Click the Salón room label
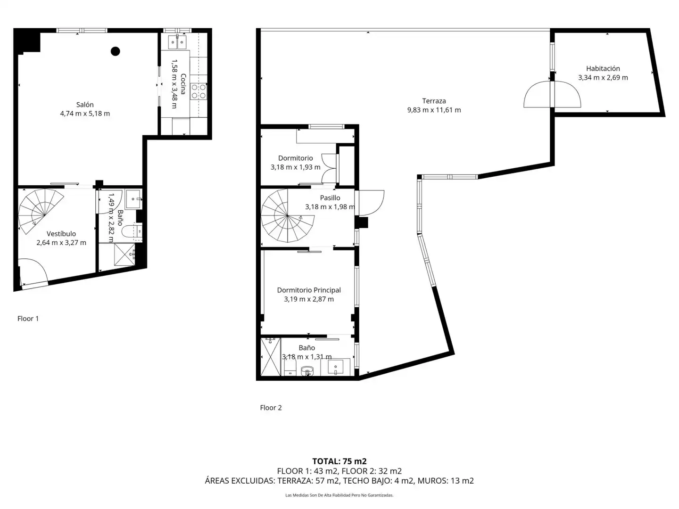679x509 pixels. (85, 105)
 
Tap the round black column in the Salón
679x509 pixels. (116, 51)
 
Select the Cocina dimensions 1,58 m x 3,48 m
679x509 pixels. (174, 84)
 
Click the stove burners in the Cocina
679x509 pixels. (199, 91)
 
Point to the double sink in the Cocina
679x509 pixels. (177, 42)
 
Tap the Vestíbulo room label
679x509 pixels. (61, 234)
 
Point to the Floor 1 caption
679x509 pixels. (28, 318)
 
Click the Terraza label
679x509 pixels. (434, 101)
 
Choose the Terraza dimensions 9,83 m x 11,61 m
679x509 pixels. (434, 110)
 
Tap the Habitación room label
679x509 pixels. (603, 68)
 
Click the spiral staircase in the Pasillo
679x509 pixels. (287, 216)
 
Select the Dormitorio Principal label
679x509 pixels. (309, 290)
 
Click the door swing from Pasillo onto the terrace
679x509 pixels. (371, 203)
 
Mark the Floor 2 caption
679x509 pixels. (271, 408)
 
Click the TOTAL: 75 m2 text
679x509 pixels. (339, 461)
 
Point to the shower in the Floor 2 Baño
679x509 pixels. (271, 357)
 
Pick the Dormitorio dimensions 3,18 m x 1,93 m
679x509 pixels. (296, 167)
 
